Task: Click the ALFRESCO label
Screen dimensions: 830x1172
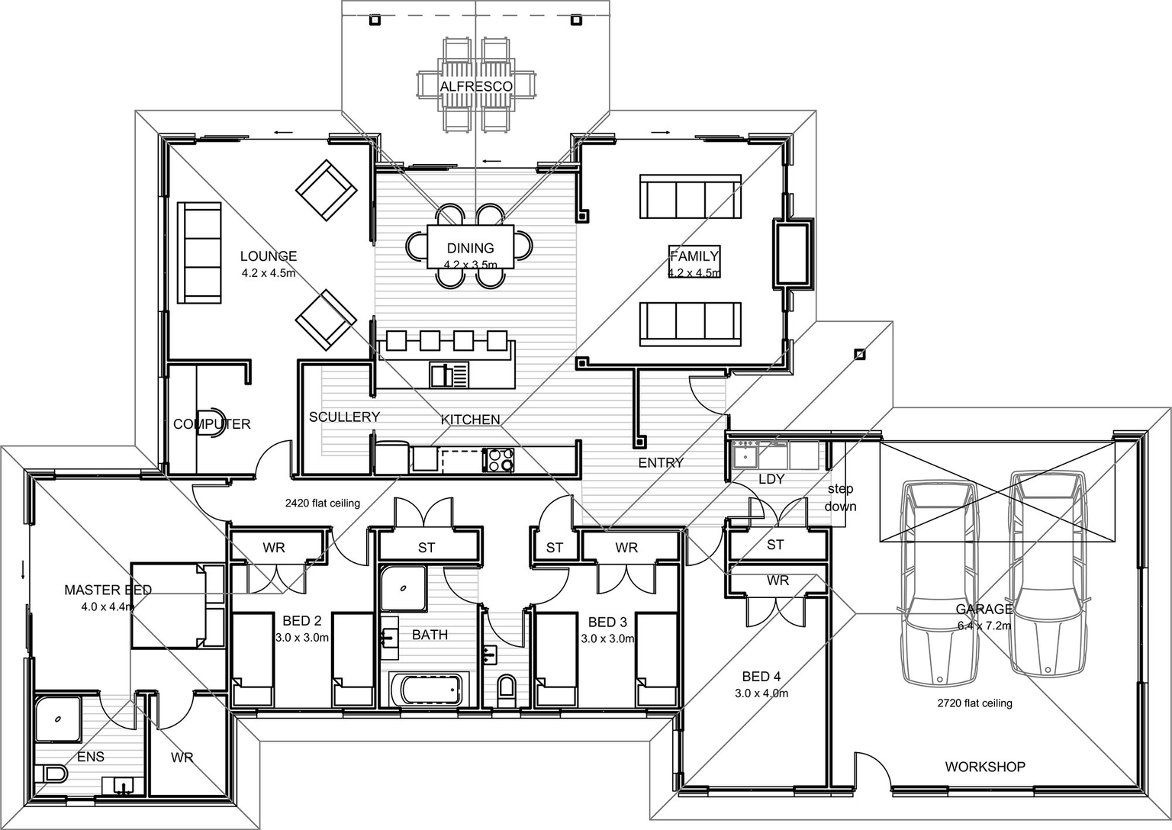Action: pos(476,86)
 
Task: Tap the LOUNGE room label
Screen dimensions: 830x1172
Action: pos(268,256)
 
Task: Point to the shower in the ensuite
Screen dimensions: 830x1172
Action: pos(57,718)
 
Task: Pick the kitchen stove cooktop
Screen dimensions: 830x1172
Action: pos(499,460)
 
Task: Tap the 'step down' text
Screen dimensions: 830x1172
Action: pos(840,497)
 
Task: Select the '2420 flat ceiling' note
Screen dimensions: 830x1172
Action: pos(322,503)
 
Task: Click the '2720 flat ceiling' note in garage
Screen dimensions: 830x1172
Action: pos(974,703)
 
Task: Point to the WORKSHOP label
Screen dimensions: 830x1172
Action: pos(984,767)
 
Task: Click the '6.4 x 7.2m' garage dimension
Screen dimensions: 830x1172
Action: pos(984,626)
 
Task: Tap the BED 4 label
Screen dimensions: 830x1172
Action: pos(761,677)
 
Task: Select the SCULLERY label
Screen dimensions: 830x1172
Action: pos(344,417)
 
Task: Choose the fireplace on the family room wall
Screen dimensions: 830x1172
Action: pos(792,254)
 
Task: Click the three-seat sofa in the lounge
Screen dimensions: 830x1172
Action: pos(199,253)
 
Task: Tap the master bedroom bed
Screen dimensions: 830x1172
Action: pos(177,606)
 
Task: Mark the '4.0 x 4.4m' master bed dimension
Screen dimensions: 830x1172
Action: pos(108,607)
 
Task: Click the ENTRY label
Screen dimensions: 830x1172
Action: pos(661,462)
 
